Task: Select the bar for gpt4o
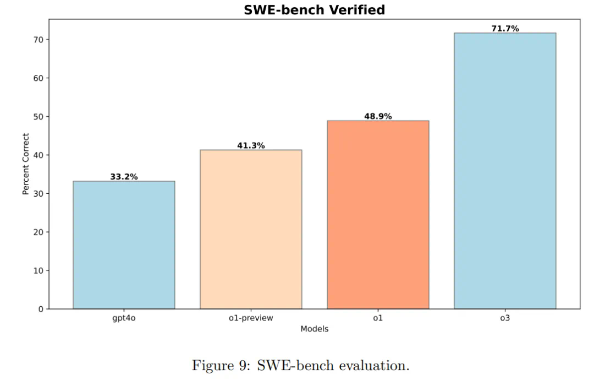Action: (x=124, y=245)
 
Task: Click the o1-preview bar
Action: (x=251, y=229)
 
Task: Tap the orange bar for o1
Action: (x=378, y=215)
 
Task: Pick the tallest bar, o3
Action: (x=505, y=171)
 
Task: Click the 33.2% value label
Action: (x=124, y=177)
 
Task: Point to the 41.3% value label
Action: (x=251, y=145)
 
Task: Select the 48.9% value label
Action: (x=378, y=116)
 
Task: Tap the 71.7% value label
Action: (x=505, y=29)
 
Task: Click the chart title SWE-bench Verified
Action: (x=314, y=10)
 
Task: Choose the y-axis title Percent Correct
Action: (x=25, y=164)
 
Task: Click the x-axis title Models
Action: (x=314, y=329)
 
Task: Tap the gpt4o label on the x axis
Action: (x=124, y=318)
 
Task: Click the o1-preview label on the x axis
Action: (x=251, y=318)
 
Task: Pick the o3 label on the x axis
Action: (x=505, y=318)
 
